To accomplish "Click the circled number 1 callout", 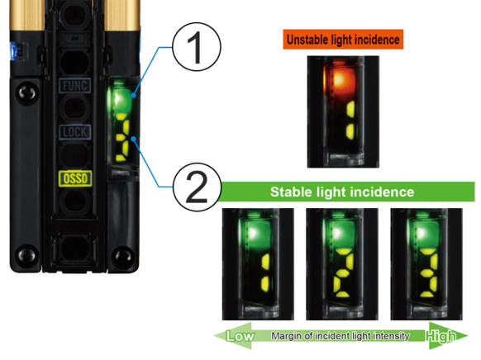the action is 197,47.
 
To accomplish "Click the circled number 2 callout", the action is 197,187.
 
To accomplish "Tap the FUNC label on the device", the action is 75,86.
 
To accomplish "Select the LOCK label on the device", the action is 75,132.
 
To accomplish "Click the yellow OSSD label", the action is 75,178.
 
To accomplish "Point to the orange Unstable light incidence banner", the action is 343,39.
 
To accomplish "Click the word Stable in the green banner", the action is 291,192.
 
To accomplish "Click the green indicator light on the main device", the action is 120,97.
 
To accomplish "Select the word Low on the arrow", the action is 240,336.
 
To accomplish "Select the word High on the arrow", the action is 441,336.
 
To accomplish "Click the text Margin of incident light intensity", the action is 341,336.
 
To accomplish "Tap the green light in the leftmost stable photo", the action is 256,233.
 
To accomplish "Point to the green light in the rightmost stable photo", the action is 423,233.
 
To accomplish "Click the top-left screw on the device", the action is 27,92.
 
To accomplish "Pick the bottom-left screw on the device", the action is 27,254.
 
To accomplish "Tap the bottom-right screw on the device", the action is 123,255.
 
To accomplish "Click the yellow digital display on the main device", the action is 122,137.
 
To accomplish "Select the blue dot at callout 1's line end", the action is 133,95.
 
